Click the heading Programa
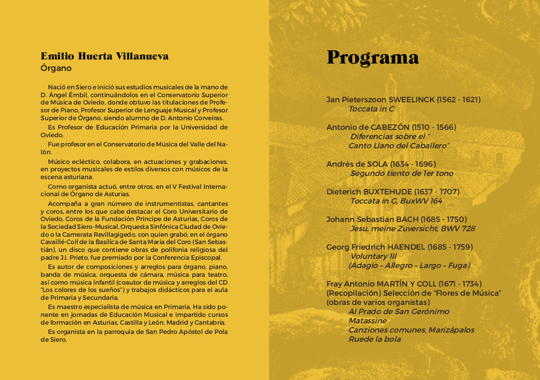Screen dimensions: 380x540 372,57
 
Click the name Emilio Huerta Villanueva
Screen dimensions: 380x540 104,56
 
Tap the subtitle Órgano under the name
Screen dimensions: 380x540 56,69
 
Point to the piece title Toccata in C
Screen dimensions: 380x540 371,109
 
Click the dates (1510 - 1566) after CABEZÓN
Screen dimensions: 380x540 434,128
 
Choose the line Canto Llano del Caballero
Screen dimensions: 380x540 398,146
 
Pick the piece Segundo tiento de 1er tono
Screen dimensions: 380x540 401,173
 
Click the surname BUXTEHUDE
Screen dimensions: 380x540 387,192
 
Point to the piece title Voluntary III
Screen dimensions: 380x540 373,257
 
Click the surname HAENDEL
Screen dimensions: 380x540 406,247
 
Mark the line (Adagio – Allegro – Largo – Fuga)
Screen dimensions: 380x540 409,266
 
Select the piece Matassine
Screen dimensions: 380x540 367,321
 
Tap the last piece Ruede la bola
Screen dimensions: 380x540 374,339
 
